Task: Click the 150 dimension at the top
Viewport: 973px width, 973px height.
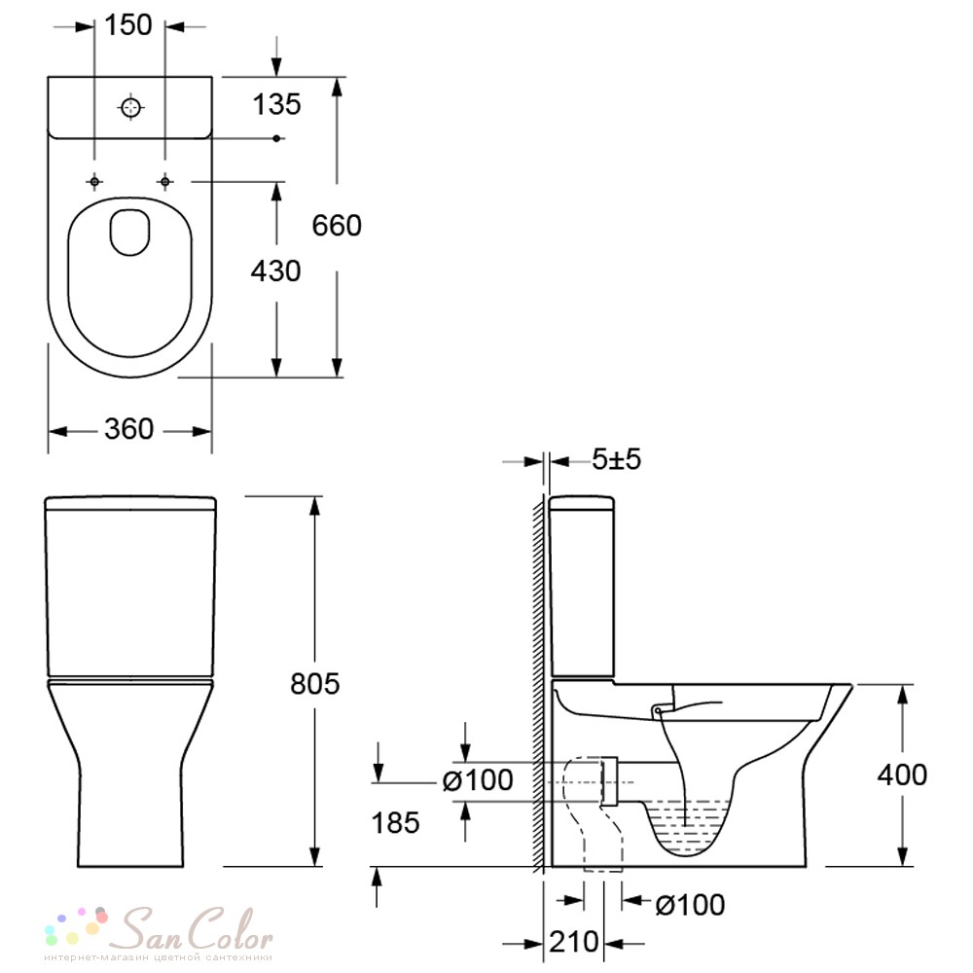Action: pyautogui.click(x=127, y=25)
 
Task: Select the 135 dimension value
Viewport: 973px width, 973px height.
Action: pyautogui.click(x=276, y=104)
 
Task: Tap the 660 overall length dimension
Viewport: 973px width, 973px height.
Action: pyautogui.click(x=337, y=226)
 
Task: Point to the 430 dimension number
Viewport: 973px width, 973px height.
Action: pyautogui.click(x=275, y=271)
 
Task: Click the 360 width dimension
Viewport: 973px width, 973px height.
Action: pyautogui.click(x=129, y=429)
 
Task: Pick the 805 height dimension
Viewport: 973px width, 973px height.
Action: pyautogui.click(x=314, y=684)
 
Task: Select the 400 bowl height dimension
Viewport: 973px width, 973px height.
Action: pyautogui.click(x=902, y=775)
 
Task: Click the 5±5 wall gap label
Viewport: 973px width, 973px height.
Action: pyautogui.click(x=616, y=460)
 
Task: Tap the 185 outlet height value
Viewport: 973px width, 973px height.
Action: pyautogui.click(x=395, y=823)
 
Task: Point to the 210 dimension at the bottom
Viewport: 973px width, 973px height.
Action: pyautogui.click(x=574, y=943)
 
